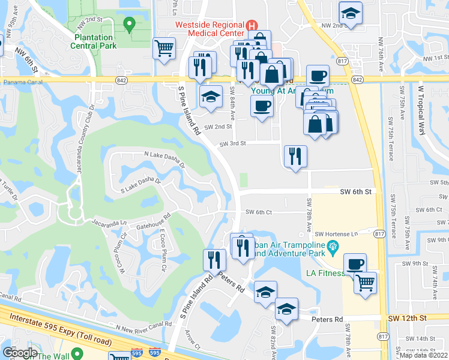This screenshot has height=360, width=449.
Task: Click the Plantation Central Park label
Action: pyautogui.click(x=94, y=41)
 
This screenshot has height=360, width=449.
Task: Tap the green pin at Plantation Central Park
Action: pyautogui.click(x=128, y=25)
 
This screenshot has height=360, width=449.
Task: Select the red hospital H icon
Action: pyautogui.click(x=252, y=25)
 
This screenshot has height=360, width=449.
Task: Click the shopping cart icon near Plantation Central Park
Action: pyautogui.click(x=164, y=47)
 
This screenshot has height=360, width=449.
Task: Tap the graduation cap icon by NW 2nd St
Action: pyautogui.click(x=350, y=13)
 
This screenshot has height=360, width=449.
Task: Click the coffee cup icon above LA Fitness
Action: pyautogui.click(x=354, y=264)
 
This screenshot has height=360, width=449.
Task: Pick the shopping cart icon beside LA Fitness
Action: pyautogui.click(x=365, y=281)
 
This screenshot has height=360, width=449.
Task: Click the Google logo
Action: pyautogui.click(x=20, y=352)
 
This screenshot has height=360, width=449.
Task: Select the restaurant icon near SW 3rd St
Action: pyautogui.click(x=295, y=156)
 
